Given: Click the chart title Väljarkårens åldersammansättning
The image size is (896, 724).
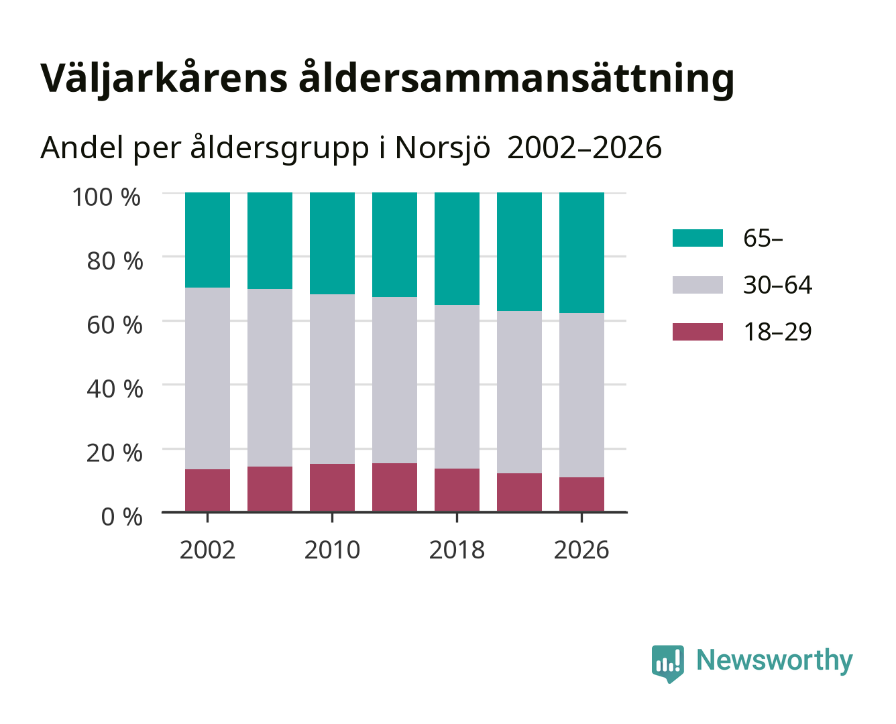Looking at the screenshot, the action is click(x=387, y=78).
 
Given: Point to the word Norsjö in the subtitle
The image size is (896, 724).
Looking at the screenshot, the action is click(x=443, y=147).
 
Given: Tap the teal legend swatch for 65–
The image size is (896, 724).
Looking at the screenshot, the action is click(x=697, y=238).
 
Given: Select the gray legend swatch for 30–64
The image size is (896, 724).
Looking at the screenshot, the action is click(x=697, y=285).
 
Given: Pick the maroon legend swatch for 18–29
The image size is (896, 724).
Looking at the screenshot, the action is click(x=697, y=332).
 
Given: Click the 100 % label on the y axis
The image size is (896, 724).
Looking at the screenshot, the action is click(x=106, y=197).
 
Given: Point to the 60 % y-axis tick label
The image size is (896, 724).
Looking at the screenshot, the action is click(x=115, y=325).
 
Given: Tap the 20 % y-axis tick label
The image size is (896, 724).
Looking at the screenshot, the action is click(x=115, y=452).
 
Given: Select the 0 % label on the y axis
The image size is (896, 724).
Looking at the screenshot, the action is click(x=121, y=517).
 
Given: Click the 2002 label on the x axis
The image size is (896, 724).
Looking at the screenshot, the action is click(x=207, y=550).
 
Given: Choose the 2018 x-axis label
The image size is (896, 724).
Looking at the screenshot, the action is click(x=457, y=550).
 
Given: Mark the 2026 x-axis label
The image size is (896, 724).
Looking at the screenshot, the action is click(x=581, y=550).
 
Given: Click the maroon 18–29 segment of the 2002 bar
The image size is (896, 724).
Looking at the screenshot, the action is click(x=207, y=490).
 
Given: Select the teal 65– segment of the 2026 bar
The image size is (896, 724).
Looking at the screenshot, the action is click(x=581, y=253).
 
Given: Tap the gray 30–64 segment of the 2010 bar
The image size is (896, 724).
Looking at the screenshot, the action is click(x=333, y=379).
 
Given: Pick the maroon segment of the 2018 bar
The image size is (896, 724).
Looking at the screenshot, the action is click(x=457, y=490).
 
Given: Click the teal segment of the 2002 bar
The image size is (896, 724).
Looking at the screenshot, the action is click(x=207, y=240).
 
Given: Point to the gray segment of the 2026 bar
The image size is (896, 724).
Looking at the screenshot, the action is click(x=581, y=396).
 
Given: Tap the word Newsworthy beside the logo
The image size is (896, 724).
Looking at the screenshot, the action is click(x=774, y=660).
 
